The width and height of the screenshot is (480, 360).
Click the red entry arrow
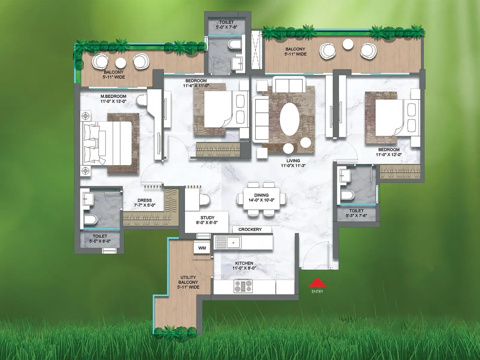(317, 283)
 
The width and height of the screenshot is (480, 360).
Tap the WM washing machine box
(202, 248)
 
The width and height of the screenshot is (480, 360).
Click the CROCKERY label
(250, 229)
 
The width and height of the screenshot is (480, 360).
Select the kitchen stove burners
(243, 286)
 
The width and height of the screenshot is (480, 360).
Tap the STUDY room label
(207, 217)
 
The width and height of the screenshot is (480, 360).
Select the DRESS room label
(145, 200)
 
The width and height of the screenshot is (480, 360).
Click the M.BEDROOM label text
(113, 96)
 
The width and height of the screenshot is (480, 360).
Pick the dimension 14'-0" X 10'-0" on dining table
(261, 200)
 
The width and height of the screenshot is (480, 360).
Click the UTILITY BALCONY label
(188, 282)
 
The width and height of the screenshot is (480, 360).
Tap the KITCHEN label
(244, 263)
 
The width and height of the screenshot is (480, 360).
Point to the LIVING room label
(293, 161)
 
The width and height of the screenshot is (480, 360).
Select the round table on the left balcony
(121, 63)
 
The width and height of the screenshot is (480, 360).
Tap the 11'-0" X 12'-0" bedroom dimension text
(389, 154)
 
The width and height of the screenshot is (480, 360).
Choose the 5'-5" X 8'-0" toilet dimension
(100, 241)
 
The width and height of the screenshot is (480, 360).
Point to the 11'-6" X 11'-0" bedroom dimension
(196, 85)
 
